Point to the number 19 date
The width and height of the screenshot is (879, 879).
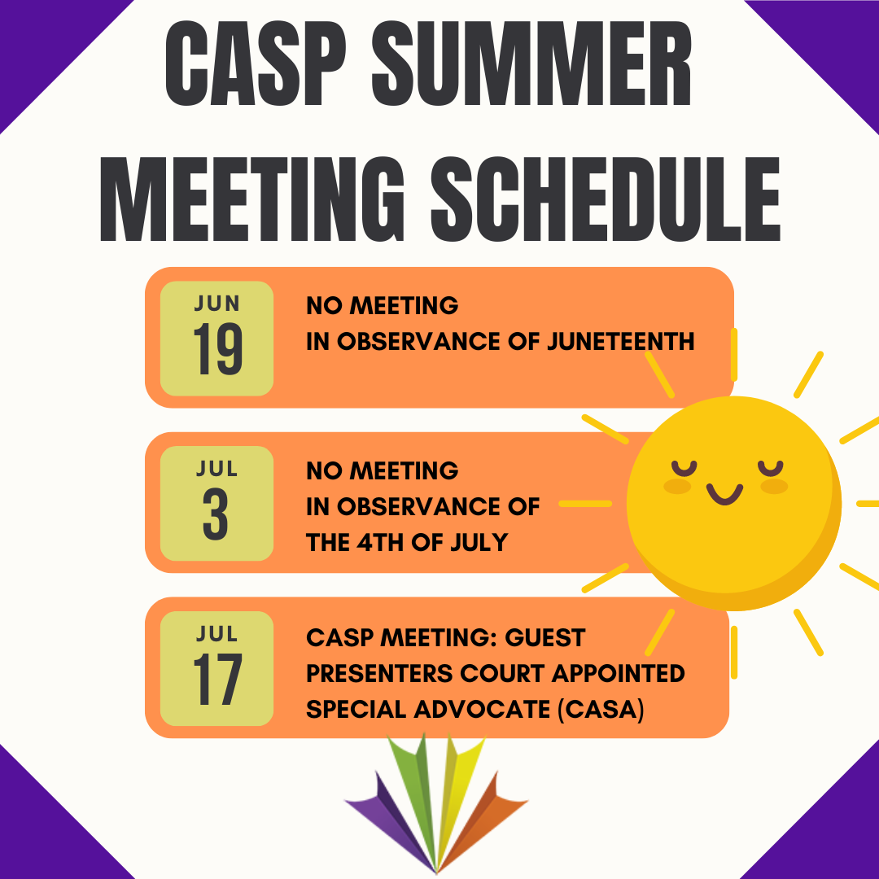(217, 350)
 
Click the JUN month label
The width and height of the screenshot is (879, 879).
(217, 304)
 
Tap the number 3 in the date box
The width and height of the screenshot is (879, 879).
(216, 515)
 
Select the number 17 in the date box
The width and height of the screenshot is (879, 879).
(217, 680)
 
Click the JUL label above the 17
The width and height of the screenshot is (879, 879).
(217, 633)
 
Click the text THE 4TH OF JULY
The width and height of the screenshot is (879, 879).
(406, 542)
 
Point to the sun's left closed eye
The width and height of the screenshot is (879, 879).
(684, 468)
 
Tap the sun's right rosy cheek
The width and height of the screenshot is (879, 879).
(773, 487)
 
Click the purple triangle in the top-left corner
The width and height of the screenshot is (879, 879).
(41, 41)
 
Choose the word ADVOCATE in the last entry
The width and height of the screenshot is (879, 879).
(472, 710)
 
